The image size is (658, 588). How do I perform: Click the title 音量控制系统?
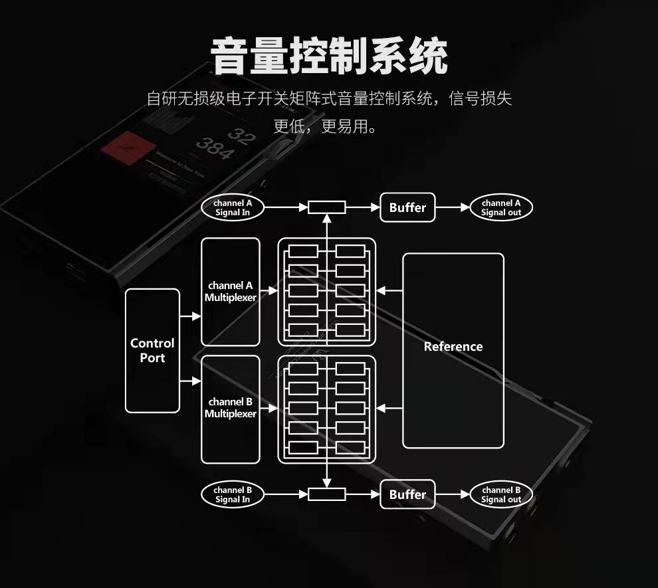[329, 56]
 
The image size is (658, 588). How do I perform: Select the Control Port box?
[152, 350]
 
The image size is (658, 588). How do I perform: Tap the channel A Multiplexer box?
[230, 292]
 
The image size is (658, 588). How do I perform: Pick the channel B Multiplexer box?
[230, 408]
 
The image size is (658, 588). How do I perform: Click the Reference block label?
[453, 346]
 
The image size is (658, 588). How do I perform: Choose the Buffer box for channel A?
[407, 207]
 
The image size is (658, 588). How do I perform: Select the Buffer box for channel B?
[407, 494]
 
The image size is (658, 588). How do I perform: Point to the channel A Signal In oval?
[232, 207]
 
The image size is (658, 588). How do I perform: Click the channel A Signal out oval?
[501, 207]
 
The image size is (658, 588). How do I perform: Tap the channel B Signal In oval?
[232, 494]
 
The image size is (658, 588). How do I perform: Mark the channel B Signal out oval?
[501, 494]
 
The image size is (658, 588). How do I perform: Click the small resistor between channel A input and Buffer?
[326, 207]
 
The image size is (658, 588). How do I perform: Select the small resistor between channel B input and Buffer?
[326, 494]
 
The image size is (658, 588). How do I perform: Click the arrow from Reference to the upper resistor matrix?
[389, 291]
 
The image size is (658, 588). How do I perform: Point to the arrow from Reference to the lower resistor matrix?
[389, 407]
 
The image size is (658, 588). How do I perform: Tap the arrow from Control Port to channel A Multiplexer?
[190, 317]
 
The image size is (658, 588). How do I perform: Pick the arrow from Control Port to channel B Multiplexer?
[190, 381]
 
